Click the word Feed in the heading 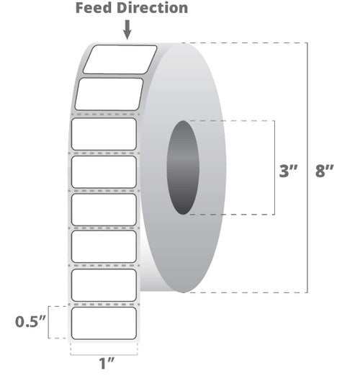coord(94,8)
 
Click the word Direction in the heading coord(153,8)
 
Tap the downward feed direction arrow coord(127,30)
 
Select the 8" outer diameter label coord(325,171)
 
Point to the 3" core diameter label coord(288,171)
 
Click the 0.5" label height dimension coord(30,321)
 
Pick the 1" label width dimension coord(107,363)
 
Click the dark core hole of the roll coord(183,167)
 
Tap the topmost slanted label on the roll coord(120,59)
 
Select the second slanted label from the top coord(109,94)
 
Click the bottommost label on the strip coord(104,323)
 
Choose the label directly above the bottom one coord(104,285)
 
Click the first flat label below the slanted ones coord(104,134)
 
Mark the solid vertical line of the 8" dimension coord(307,168)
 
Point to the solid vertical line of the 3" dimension coord(274,168)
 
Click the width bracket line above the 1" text coord(104,354)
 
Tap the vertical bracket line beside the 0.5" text coord(49,322)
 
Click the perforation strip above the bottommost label coord(104,304)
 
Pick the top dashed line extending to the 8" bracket coord(244,43)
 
